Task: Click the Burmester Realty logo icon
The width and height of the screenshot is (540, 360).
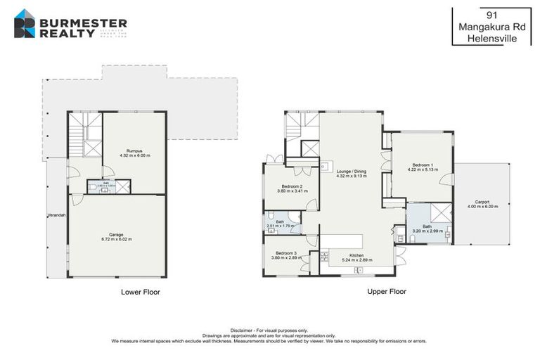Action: (x=25, y=23)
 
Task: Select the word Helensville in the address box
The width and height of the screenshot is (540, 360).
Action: (x=491, y=39)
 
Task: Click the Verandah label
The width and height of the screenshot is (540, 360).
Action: (x=56, y=215)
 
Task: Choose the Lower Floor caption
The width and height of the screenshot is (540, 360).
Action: (x=140, y=291)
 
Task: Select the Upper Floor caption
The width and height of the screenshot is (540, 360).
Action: (x=386, y=291)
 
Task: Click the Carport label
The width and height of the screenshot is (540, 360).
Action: (x=481, y=202)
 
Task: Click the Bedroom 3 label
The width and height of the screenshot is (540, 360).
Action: (x=285, y=252)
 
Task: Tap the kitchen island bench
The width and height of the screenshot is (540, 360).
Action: (x=342, y=241)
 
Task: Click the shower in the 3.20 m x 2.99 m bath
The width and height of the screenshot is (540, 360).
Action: (x=440, y=213)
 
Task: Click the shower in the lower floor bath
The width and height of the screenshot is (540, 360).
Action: (x=122, y=186)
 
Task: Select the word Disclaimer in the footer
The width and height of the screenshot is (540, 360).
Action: (x=243, y=330)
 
